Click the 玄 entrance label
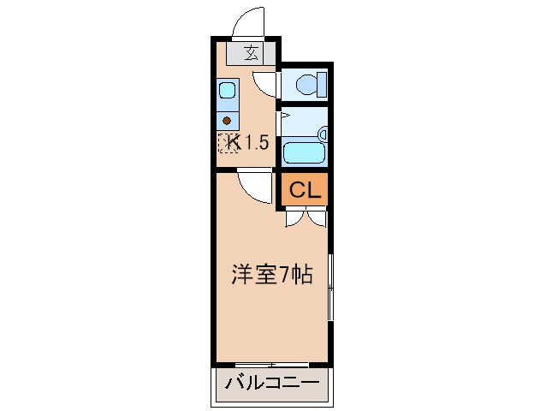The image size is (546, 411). pyautogui.click(x=252, y=53)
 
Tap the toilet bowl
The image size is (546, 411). pyautogui.click(x=306, y=84)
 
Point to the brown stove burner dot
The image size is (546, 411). pyautogui.click(x=228, y=120)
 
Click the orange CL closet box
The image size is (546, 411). pyautogui.click(x=304, y=191)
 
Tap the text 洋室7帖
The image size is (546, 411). pyautogui.click(x=270, y=275)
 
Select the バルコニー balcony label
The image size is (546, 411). pyautogui.click(x=271, y=383)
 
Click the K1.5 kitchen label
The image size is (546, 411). pyautogui.click(x=248, y=142)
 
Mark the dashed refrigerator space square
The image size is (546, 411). pyautogui.click(x=228, y=143)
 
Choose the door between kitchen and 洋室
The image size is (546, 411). pyautogui.click(x=255, y=185)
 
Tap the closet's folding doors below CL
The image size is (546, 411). pyautogui.click(x=304, y=218)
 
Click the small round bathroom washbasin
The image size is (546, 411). pyautogui.click(x=322, y=134)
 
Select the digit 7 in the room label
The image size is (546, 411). pyautogui.click(x=289, y=275)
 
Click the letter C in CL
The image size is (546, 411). pyautogui.click(x=296, y=191)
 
